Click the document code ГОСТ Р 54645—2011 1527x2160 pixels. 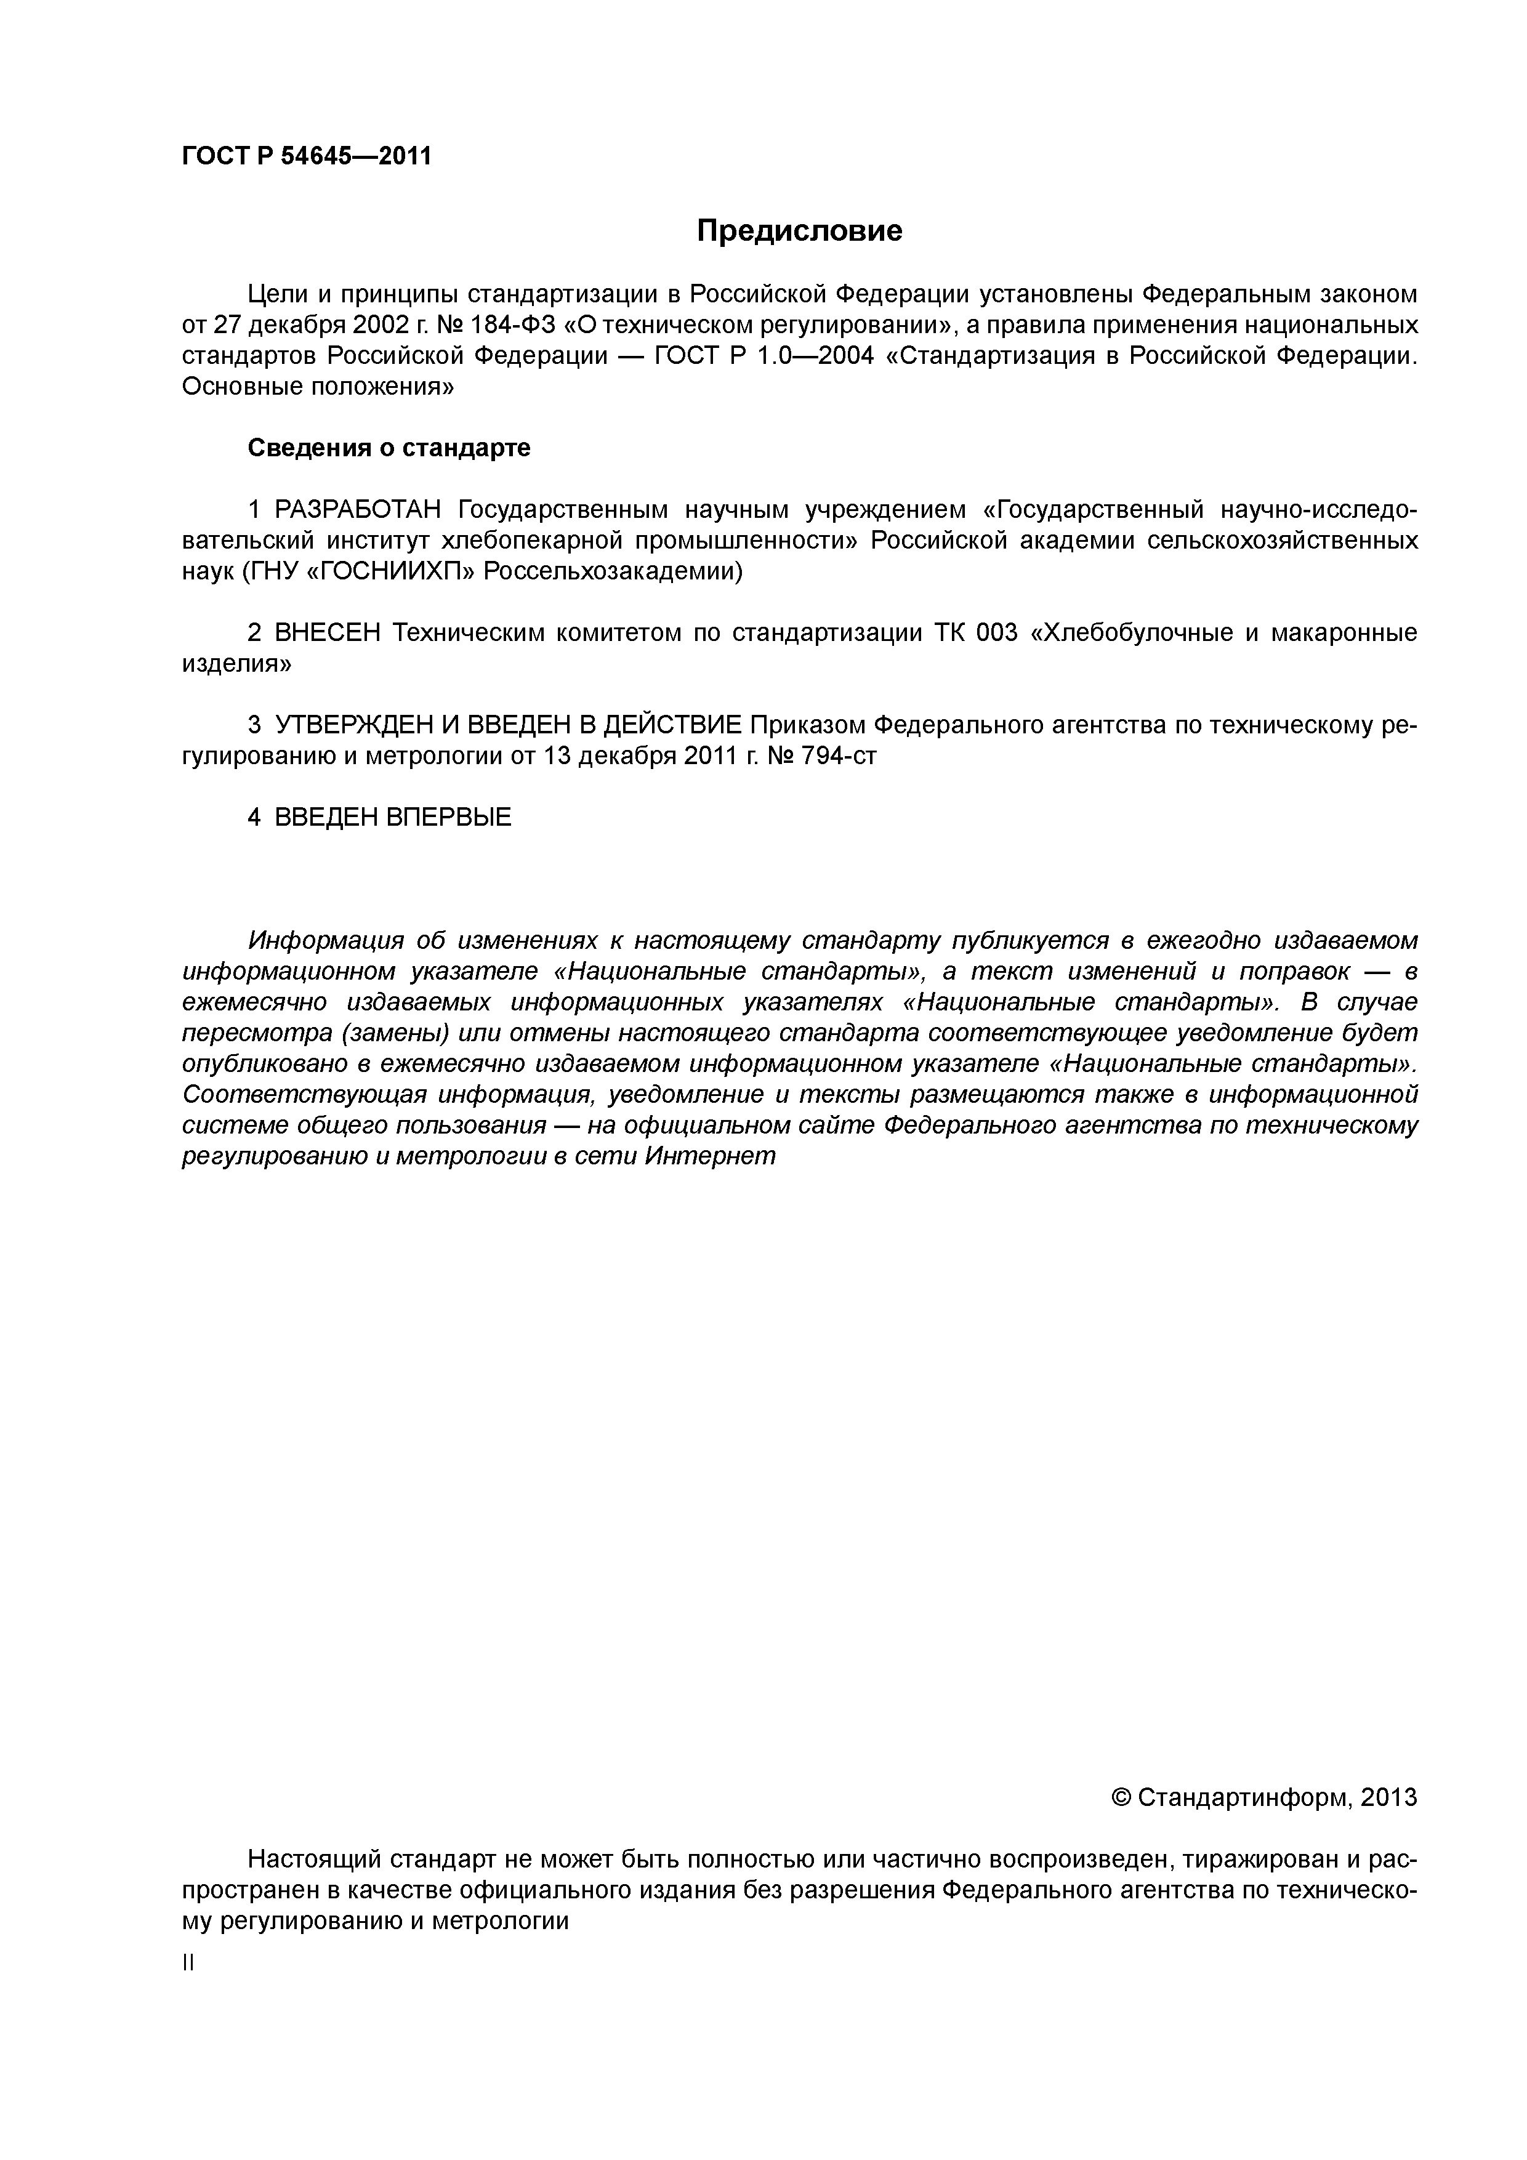[x=306, y=156]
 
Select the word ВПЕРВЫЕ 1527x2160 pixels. [x=449, y=816]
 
